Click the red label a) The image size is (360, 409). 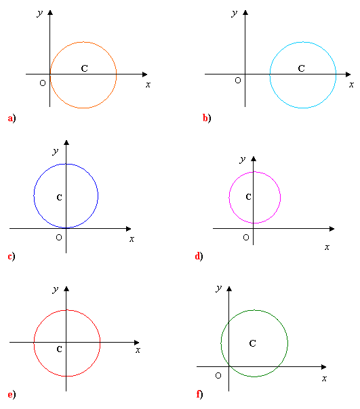[12, 119]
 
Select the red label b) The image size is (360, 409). [207, 118]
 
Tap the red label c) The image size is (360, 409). [12, 257]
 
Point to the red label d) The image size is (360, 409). [199, 256]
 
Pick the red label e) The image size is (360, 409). [12, 395]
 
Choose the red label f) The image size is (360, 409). [199, 394]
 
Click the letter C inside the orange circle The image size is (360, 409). [84, 68]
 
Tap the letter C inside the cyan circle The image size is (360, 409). [302, 68]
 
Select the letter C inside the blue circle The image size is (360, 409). [59, 198]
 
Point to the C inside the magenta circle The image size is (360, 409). [248, 196]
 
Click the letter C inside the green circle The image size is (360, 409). [253, 343]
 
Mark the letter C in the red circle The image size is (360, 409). [59, 349]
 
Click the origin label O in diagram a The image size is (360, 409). [43, 83]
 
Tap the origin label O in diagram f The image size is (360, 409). [218, 376]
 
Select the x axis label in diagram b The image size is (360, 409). [351, 85]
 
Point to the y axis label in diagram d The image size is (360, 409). [243, 159]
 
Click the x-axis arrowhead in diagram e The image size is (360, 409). [137, 342]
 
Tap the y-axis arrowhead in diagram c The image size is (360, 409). [66, 143]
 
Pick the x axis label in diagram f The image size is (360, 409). [324, 379]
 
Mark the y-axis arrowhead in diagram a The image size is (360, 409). [50, 12]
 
